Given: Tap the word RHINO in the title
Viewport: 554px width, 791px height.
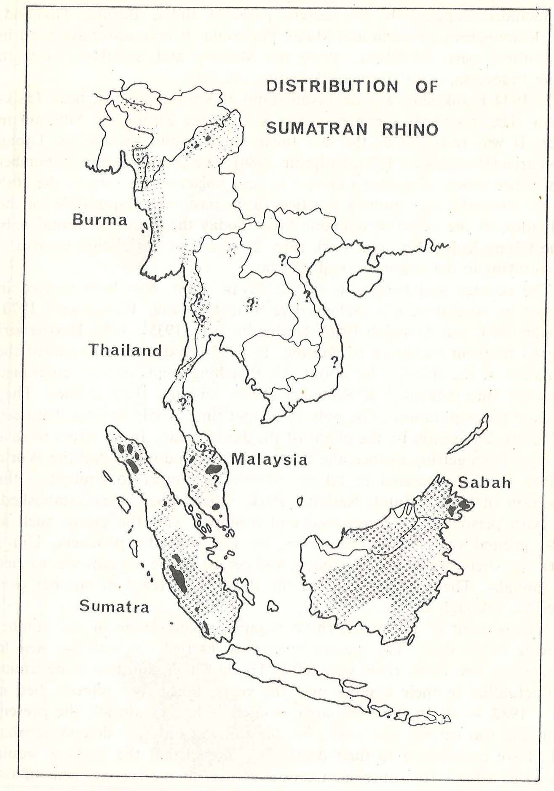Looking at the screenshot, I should (410, 129).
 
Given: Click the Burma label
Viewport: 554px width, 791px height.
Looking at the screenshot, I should (99, 220).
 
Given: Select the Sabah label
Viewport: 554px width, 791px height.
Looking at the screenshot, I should (484, 483).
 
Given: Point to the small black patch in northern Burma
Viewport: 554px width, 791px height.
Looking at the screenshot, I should (208, 138).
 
